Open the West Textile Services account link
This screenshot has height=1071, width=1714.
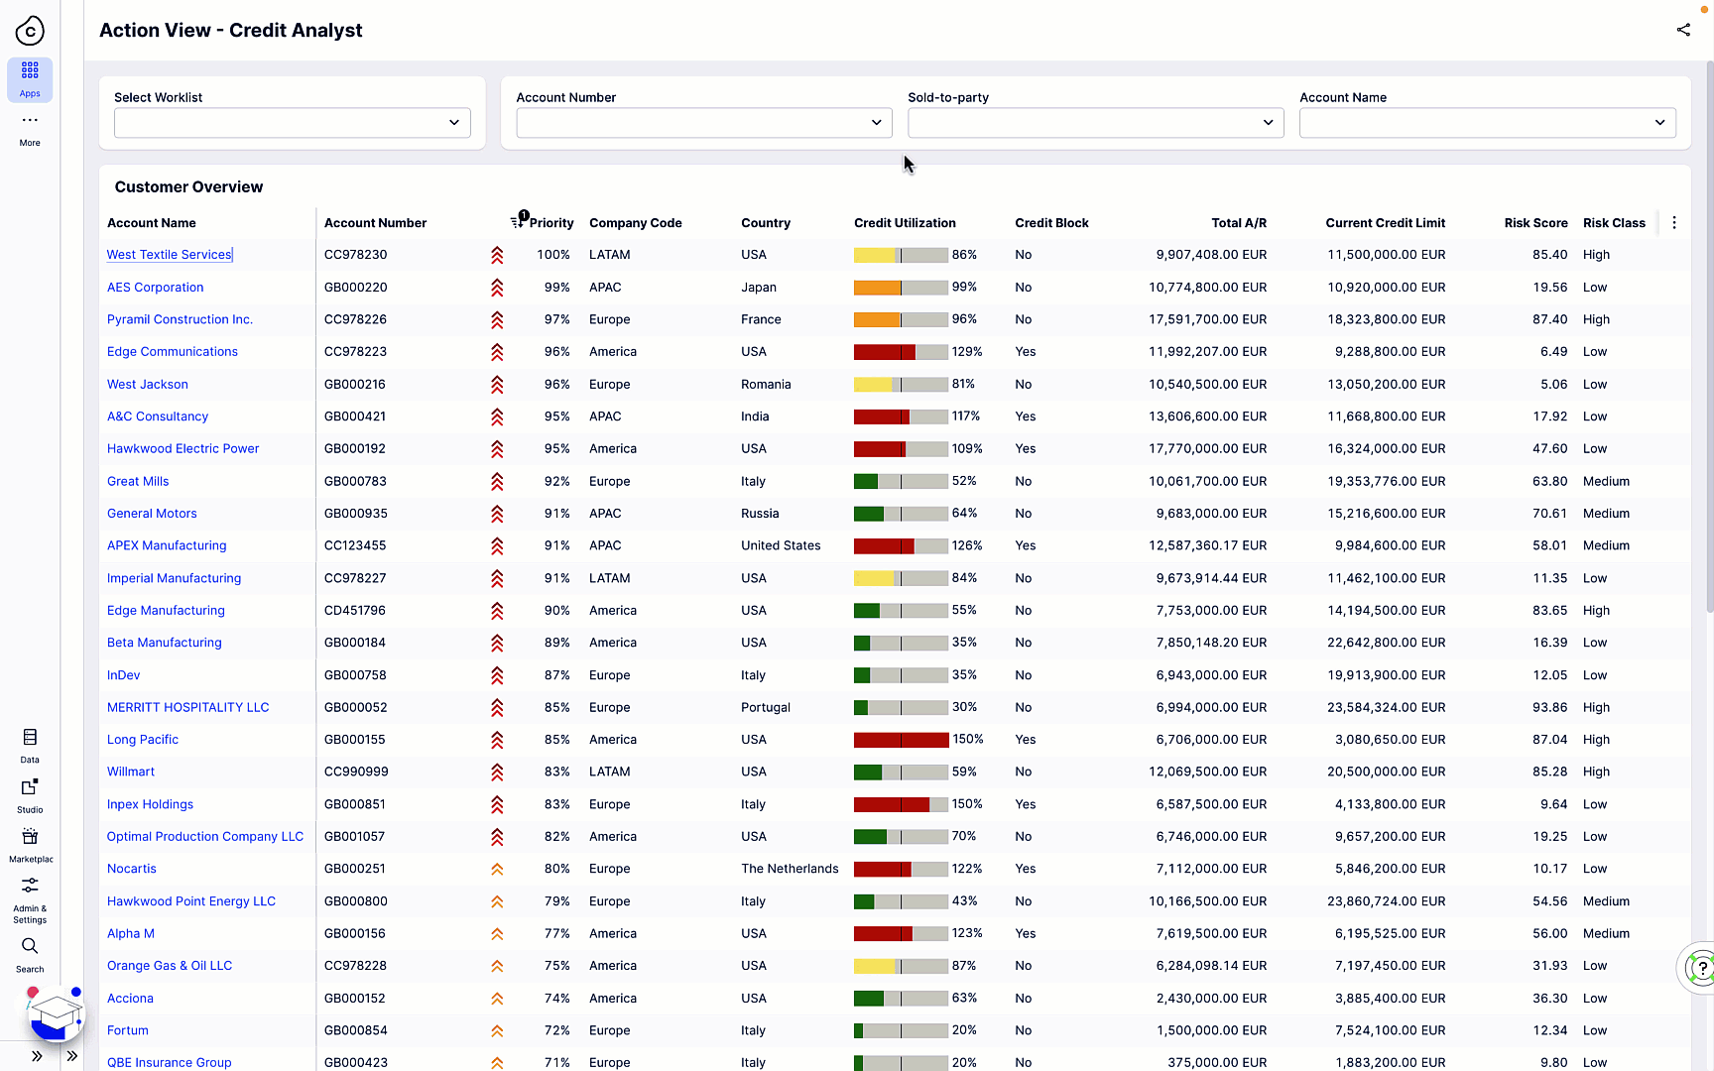(x=169, y=255)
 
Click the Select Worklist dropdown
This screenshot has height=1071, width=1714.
(x=292, y=123)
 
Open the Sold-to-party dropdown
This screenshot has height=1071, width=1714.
(x=1095, y=123)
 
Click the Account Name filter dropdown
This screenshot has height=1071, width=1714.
(x=1487, y=123)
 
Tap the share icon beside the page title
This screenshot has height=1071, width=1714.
(x=1683, y=30)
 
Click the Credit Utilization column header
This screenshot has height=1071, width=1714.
(x=905, y=223)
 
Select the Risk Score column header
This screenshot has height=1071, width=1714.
(x=1535, y=223)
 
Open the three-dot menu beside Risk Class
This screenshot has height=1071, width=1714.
(x=1674, y=223)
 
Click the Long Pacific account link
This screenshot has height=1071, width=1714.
(x=143, y=740)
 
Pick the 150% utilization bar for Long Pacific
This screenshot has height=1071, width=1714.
(x=901, y=740)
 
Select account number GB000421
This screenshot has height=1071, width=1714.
(x=355, y=416)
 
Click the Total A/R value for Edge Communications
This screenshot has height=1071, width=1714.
(x=1207, y=352)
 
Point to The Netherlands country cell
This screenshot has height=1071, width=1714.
(x=790, y=869)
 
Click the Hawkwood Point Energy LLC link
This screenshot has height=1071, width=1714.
(x=191, y=901)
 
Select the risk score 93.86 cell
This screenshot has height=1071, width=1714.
(x=1549, y=707)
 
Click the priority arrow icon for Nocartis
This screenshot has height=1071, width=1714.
(x=497, y=870)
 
